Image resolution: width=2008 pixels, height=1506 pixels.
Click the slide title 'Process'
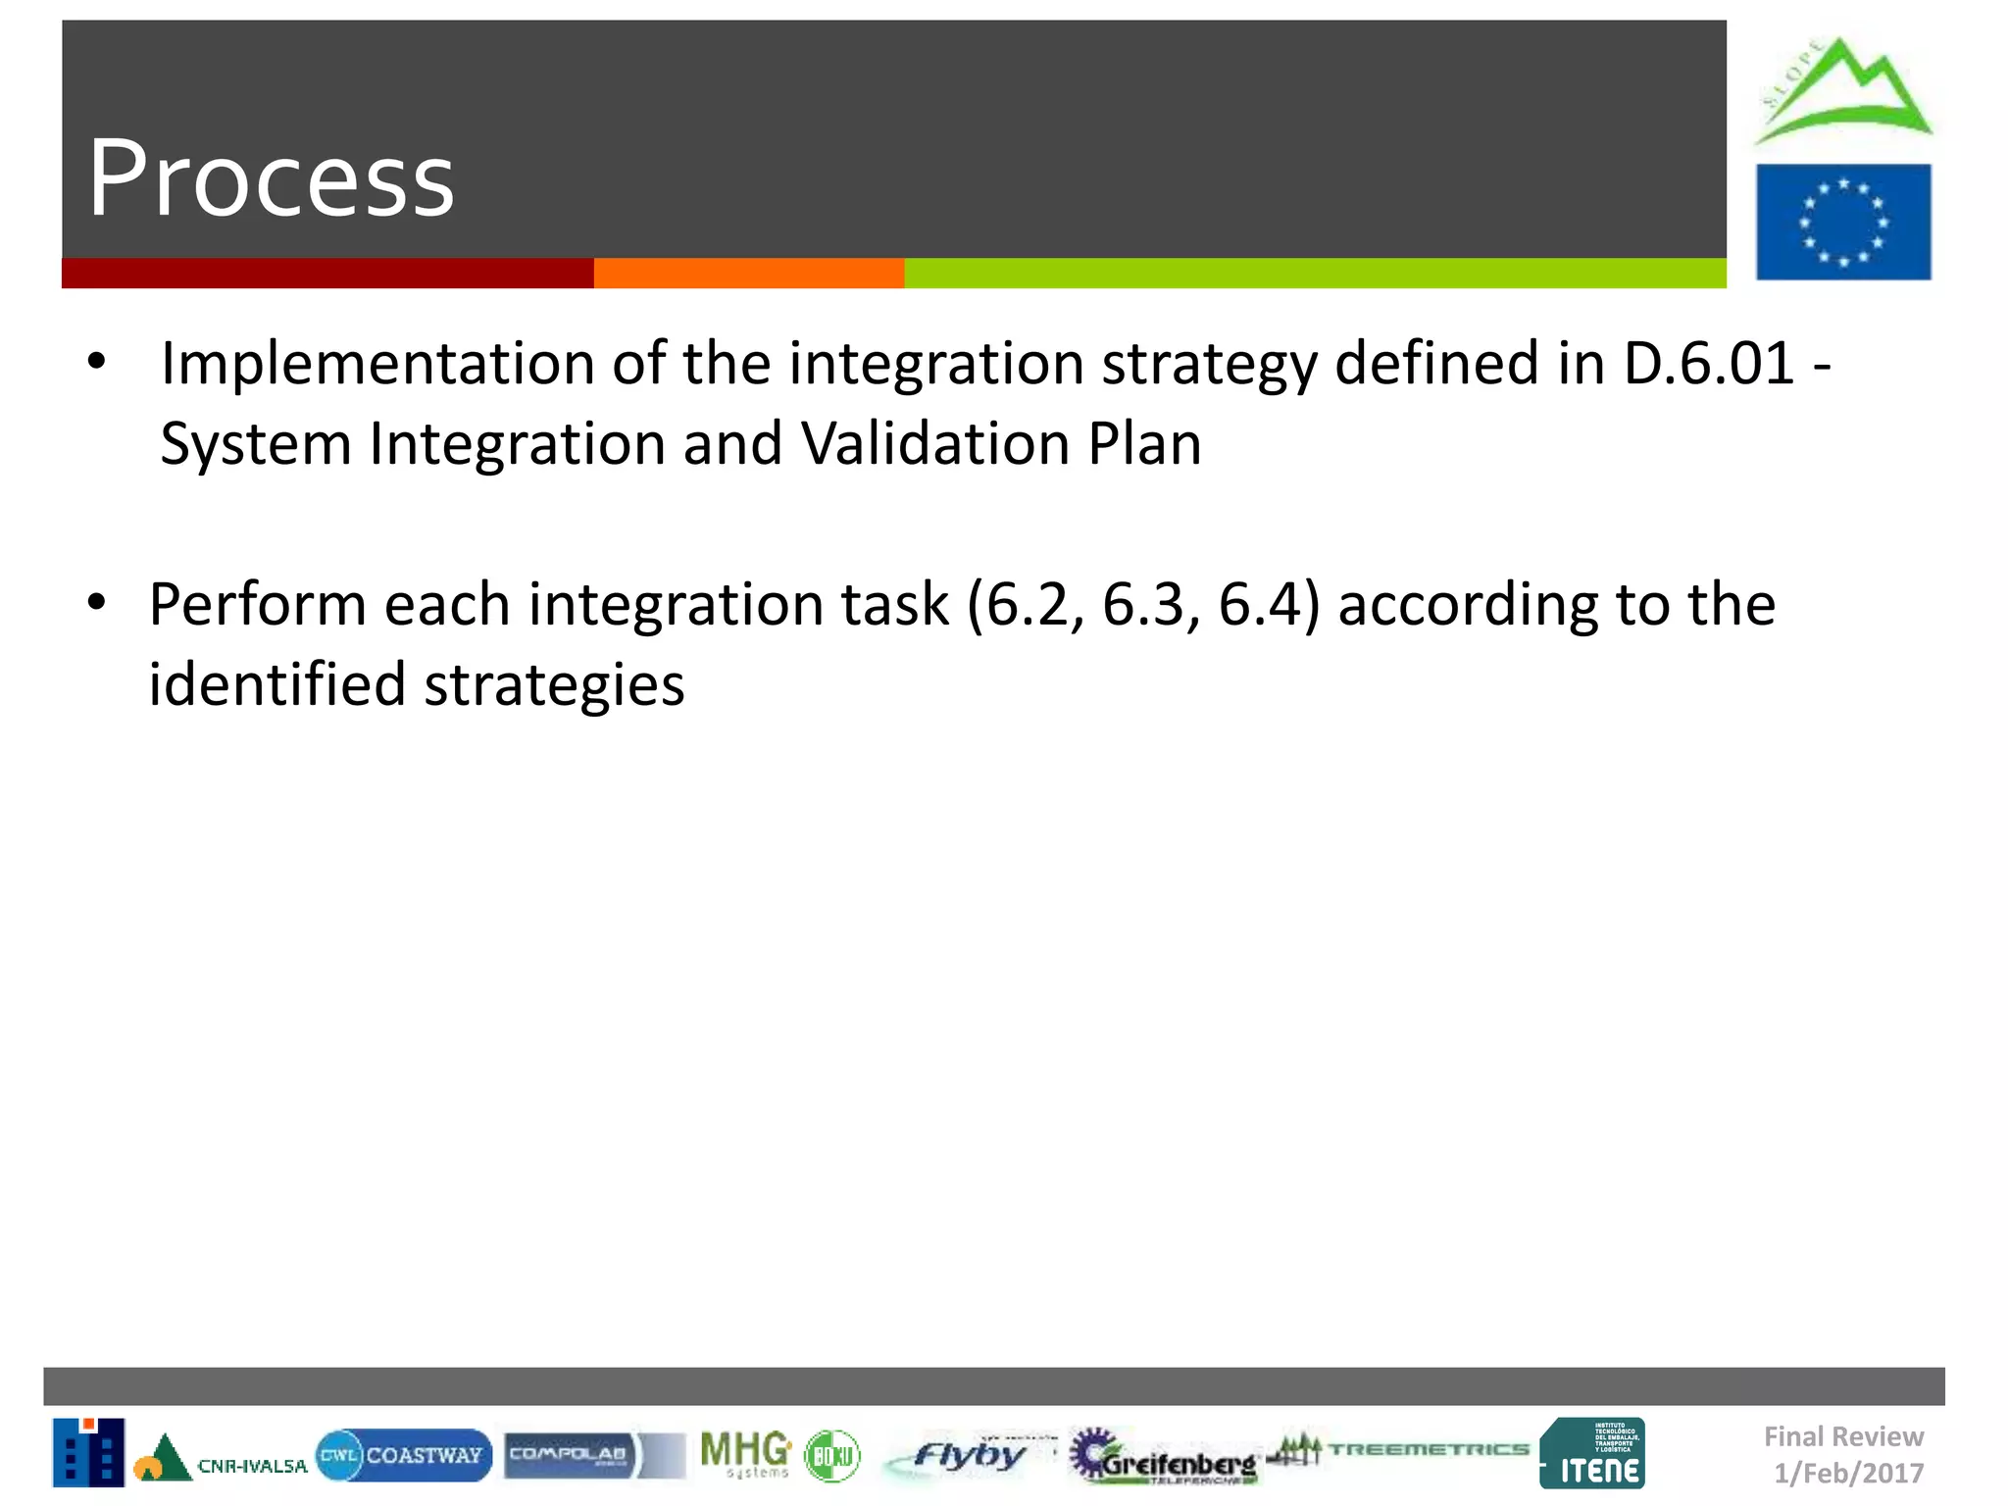(271, 178)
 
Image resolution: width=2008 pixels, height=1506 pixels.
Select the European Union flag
(1843, 222)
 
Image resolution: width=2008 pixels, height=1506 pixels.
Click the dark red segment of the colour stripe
(326, 274)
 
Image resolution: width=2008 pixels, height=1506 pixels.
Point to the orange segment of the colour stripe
(748, 274)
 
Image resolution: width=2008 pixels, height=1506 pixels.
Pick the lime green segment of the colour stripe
(1314, 274)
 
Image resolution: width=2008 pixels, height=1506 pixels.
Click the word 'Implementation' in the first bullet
(377, 364)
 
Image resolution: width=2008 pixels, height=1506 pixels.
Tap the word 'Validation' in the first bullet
(934, 444)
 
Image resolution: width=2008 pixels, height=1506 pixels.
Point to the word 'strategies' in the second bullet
(554, 684)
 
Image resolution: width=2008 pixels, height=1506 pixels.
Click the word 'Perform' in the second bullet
(257, 604)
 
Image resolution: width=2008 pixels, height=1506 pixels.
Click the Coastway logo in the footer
(403, 1455)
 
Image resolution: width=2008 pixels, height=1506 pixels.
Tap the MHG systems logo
(745, 1454)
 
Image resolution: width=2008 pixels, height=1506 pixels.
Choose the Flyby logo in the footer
(966, 1455)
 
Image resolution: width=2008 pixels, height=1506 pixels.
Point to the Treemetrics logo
(1397, 1450)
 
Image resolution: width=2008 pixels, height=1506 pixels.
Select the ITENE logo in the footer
(1592, 1454)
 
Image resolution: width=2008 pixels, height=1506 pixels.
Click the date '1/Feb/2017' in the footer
(1848, 1473)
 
